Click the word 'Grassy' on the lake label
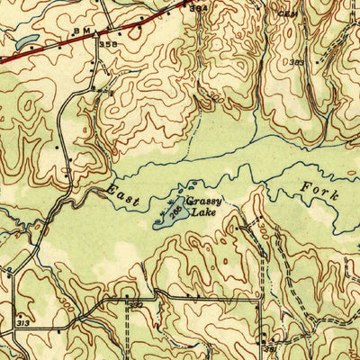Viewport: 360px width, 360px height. coord(205,203)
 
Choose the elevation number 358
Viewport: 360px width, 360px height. coord(108,43)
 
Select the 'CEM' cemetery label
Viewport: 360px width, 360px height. coord(286,13)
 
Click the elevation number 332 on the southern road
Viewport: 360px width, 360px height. coord(135,305)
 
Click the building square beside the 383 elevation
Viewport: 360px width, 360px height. coord(310,65)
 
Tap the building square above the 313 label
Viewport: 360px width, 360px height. coord(20,308)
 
